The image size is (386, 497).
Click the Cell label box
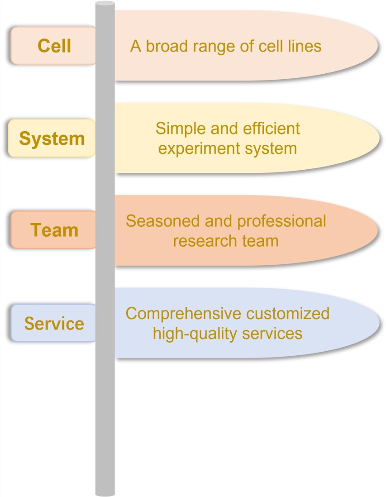53,46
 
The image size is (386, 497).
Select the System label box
52,138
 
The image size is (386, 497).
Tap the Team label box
54,230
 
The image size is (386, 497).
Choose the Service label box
53,323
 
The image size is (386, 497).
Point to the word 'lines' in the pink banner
305,46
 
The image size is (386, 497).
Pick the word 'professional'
281,221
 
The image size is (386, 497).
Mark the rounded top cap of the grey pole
105,4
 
